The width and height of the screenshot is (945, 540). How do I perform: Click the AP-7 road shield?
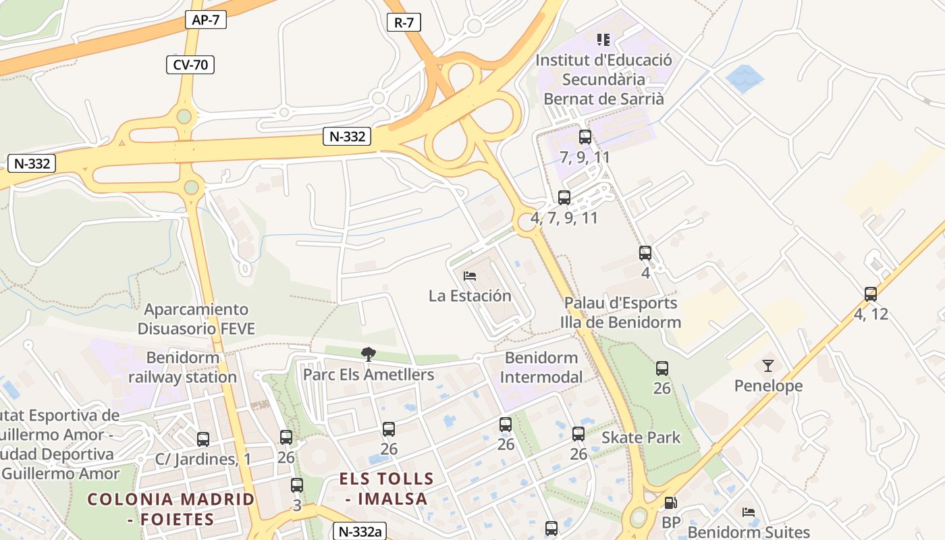205,20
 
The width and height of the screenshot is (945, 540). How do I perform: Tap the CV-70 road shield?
190,65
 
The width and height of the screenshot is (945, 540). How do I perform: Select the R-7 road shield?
404,22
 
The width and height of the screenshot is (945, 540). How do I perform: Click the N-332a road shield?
360,531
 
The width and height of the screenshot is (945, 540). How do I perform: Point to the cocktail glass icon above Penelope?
768,366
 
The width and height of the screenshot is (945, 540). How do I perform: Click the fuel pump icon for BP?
670,503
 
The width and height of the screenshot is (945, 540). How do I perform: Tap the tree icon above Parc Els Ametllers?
368,354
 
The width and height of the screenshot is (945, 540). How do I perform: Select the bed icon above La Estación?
470,275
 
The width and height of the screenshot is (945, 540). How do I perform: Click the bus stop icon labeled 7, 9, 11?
585,137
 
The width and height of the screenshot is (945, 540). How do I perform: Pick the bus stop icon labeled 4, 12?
871,294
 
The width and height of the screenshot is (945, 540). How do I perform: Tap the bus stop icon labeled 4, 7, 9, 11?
564,198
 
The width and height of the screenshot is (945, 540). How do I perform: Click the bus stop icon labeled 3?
296,485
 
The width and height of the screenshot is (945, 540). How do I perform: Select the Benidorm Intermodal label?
541,367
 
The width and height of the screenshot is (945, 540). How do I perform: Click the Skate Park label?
641,437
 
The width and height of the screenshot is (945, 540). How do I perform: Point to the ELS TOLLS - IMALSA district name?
386,489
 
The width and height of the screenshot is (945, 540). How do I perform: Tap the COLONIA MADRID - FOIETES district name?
171,509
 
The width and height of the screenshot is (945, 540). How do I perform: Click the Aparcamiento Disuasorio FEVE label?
196,319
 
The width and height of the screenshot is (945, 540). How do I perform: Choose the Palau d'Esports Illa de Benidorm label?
620,313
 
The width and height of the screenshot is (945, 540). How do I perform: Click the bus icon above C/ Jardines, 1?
203,439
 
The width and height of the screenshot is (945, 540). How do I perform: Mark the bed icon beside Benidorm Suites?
748,512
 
